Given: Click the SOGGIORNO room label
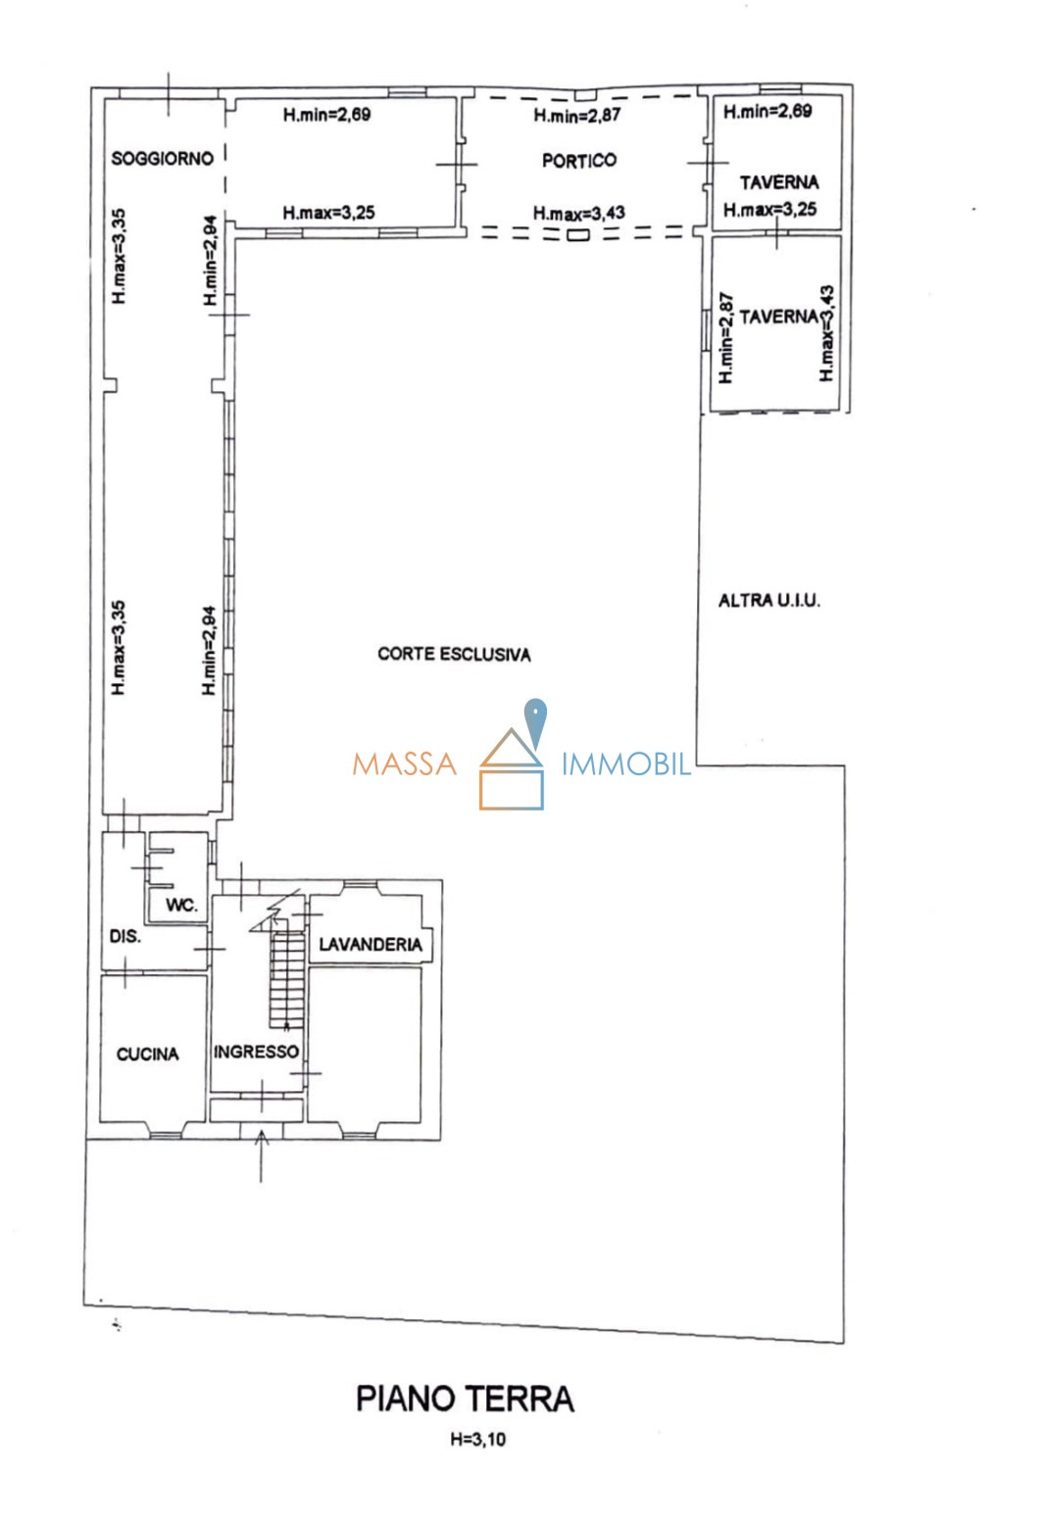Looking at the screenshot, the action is point(162,159).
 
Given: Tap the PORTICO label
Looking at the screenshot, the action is point(579,161).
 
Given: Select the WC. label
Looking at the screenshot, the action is point(181,906).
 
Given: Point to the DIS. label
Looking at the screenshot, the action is point(124,937).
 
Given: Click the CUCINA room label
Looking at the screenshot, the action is point(147,1055).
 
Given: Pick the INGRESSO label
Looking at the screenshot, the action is point(256,1052).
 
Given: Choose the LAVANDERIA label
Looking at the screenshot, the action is point(371,945).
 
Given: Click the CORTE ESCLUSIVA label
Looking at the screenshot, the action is point(454,655).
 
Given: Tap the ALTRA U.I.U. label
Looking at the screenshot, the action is point(769,601).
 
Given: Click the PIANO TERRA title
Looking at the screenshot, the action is point(465,1399).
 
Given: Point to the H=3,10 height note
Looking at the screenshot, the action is point(478,1440).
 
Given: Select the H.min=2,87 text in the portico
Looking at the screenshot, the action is point(577,116).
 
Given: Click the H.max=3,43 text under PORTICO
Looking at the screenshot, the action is point(578,213).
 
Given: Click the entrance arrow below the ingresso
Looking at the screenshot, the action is point(261,1156).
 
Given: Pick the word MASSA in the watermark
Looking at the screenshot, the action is point(405,764).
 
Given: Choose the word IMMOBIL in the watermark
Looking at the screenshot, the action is point(625,764).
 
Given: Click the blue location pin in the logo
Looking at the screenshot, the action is point(535,720).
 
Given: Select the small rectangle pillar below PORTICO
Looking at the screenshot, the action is point(577,234).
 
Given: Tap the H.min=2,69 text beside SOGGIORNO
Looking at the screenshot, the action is point(326,115).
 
